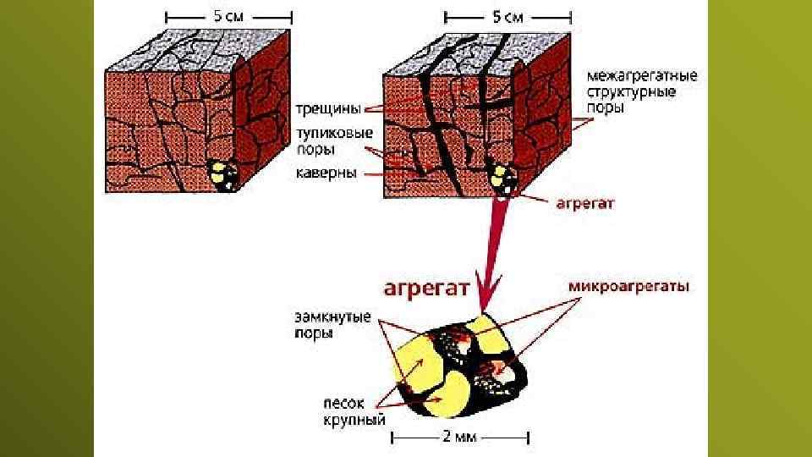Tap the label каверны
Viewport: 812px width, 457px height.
[326, 174]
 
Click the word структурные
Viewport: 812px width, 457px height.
[632, 92]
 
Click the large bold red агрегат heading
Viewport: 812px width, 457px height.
[426, 289]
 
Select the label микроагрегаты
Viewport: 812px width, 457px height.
[628, 287]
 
